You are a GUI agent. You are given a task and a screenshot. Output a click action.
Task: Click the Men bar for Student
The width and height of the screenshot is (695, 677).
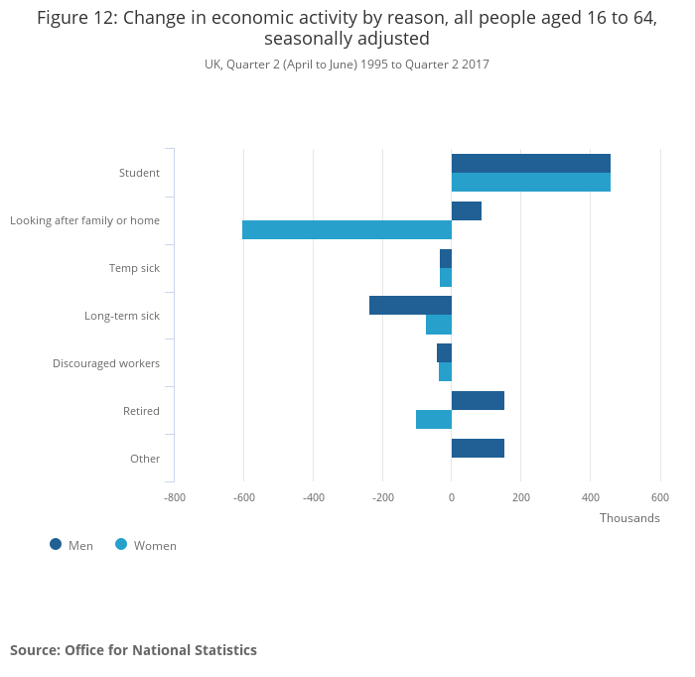(x=530, y=164)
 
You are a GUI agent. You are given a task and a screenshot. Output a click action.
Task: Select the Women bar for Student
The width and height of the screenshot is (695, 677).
(x=530, y=183)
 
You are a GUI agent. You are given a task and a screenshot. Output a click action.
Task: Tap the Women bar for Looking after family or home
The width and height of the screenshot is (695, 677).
(x=347, y=229)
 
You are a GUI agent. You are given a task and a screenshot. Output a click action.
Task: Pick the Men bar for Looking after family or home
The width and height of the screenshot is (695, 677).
(x=467, y=210)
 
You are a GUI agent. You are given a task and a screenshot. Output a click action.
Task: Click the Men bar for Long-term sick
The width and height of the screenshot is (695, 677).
(x=410, y=306)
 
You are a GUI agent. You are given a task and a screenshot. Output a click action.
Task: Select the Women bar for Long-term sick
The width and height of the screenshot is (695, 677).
(x=439, y=325)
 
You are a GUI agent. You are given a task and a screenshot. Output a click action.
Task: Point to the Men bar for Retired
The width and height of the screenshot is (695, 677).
(x=478, y=400)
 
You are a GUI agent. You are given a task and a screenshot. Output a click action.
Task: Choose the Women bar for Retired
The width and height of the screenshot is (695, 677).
(x=434, y=419)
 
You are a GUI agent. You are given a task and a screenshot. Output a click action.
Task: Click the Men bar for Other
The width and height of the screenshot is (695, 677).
(x=478, y=448)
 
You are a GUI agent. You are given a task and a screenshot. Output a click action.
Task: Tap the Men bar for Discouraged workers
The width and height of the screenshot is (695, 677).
(x=445, y=352)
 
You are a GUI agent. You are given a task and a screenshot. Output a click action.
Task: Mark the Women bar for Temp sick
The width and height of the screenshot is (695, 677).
(x=446, y=277)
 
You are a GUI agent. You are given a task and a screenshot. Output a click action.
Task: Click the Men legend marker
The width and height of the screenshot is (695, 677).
(x=56, y=544)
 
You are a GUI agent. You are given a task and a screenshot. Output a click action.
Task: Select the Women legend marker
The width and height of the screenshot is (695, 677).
(x=121, y=544)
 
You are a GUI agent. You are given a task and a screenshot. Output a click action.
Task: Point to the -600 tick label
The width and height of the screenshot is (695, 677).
(x=243, y=497)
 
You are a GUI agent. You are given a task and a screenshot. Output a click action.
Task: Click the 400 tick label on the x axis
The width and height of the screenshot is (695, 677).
(x=591, y=497)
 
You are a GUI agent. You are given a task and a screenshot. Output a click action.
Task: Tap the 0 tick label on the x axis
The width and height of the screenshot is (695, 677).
(x=452, y=497)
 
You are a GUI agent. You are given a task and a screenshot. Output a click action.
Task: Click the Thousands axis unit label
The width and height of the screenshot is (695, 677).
(x=629, y=518)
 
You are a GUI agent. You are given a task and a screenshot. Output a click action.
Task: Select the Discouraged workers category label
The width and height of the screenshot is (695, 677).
(x=106, y=363)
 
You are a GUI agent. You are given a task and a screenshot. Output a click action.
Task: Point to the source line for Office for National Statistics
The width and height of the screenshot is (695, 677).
(x=133, y=650)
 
